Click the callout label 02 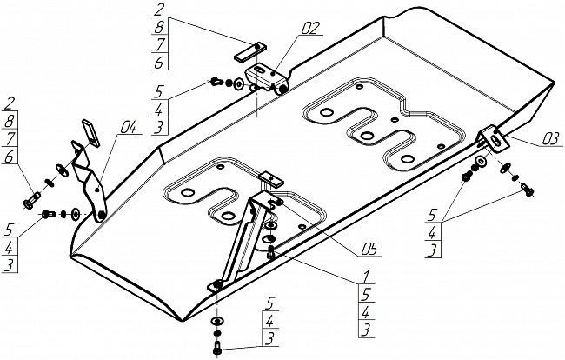310,28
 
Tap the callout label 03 550,139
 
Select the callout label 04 128,127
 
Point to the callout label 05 369,249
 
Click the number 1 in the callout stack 366,277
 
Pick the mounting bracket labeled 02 267,78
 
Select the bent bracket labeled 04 90,180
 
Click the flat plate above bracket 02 250,52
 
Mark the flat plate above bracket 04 90,133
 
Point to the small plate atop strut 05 272,179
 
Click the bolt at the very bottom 217,348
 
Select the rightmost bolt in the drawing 527,190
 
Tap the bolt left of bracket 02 216,82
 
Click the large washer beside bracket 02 238,84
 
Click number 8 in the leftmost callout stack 9,122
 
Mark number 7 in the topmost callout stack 160,43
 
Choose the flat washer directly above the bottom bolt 217,321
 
